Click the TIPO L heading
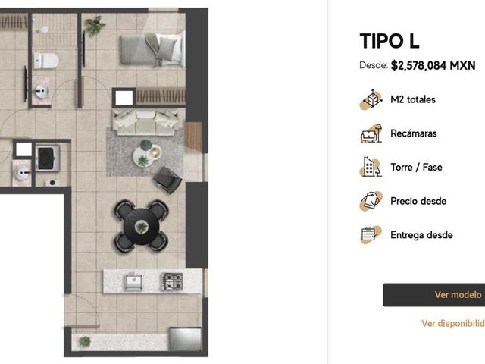click(389, 41)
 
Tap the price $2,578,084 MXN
click(433, 66)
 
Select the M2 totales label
click(413, 99)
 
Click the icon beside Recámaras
click(371, 133)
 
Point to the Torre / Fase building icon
click(371, 167)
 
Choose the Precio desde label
click(418, 201)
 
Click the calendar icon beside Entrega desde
click(371, 235)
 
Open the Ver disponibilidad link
click(453, 323)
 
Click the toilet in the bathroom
click(46, 61)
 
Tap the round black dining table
click(142, 227)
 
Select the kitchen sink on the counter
click(133, 281)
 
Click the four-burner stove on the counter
click(172, 281)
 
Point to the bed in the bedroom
click(152, 49)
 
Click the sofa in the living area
click(145, 122)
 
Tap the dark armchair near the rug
click(167, 180)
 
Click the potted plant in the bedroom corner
click(95, 26)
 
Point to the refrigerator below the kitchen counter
click(185, 339)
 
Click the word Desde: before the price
click(374, 65)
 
